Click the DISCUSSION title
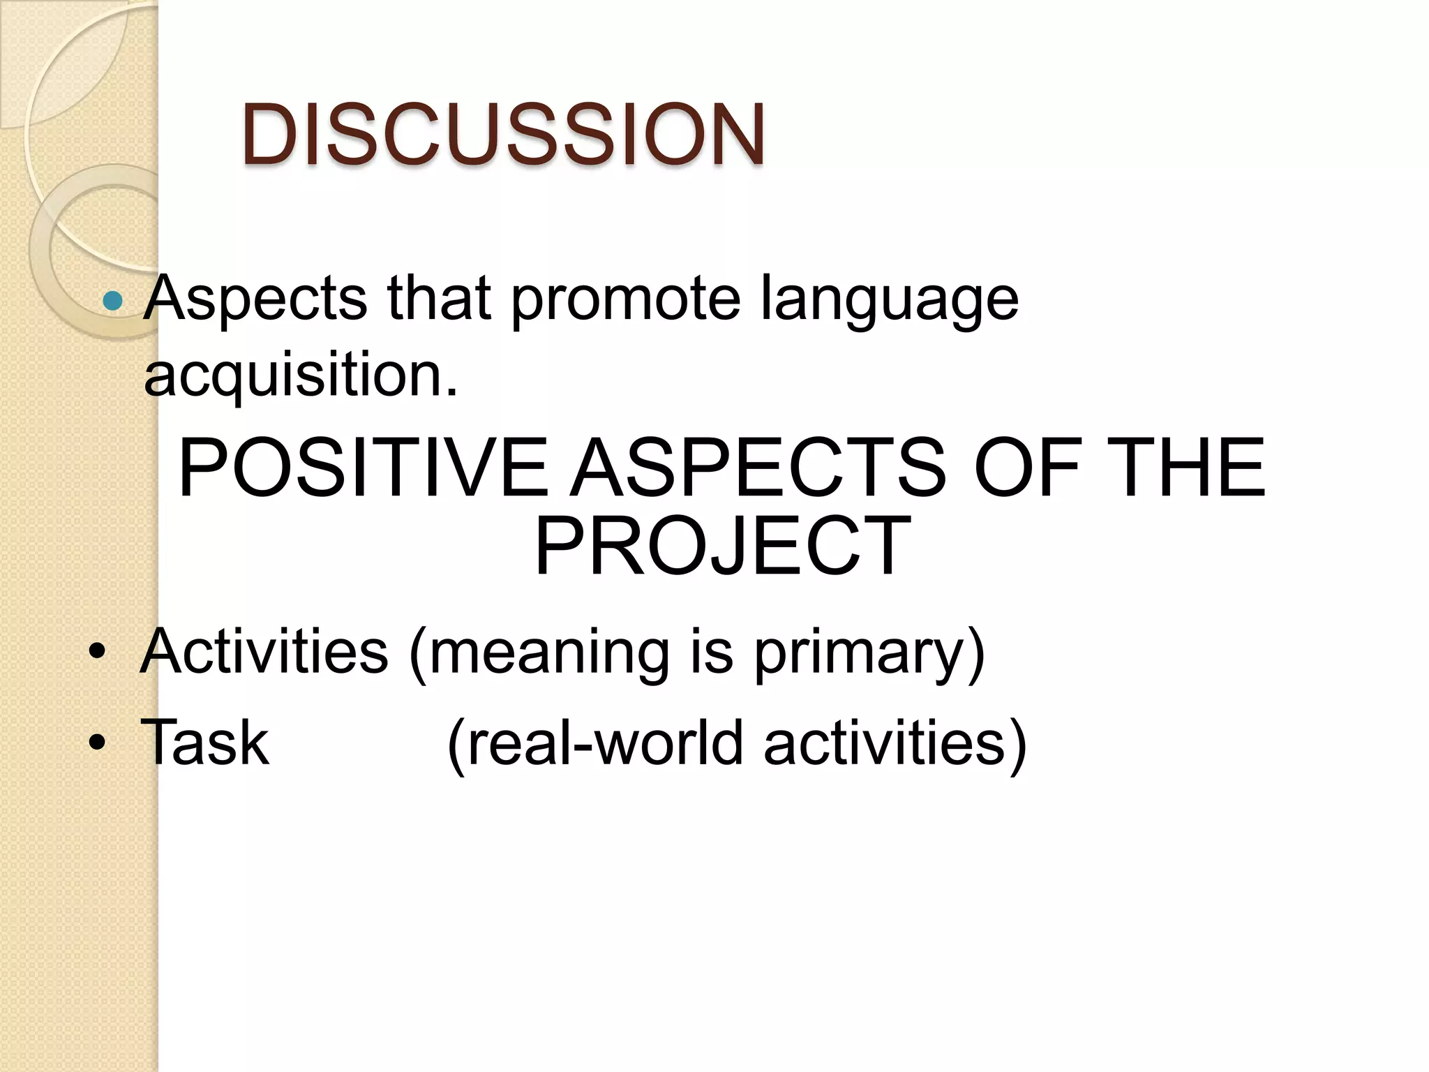click(503, 134)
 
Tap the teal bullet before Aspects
click(112, 301)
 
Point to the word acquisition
click(301, 375)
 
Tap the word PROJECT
click(722, 546)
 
